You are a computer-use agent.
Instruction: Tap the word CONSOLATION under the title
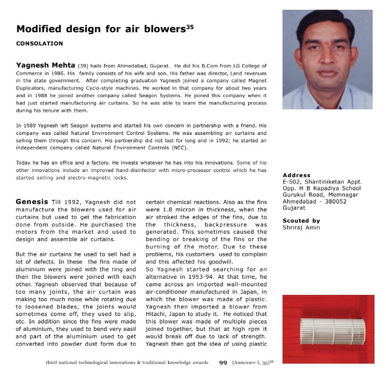click(39, 43)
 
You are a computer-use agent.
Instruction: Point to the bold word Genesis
click(32, 202)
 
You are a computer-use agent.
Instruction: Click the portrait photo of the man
click(327, 59)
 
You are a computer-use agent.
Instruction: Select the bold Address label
click(296, 175)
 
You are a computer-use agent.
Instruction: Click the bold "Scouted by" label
click(301, 221)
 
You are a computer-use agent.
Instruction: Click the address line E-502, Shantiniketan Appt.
click(323, 182)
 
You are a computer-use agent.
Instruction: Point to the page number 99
click(224, 362)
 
